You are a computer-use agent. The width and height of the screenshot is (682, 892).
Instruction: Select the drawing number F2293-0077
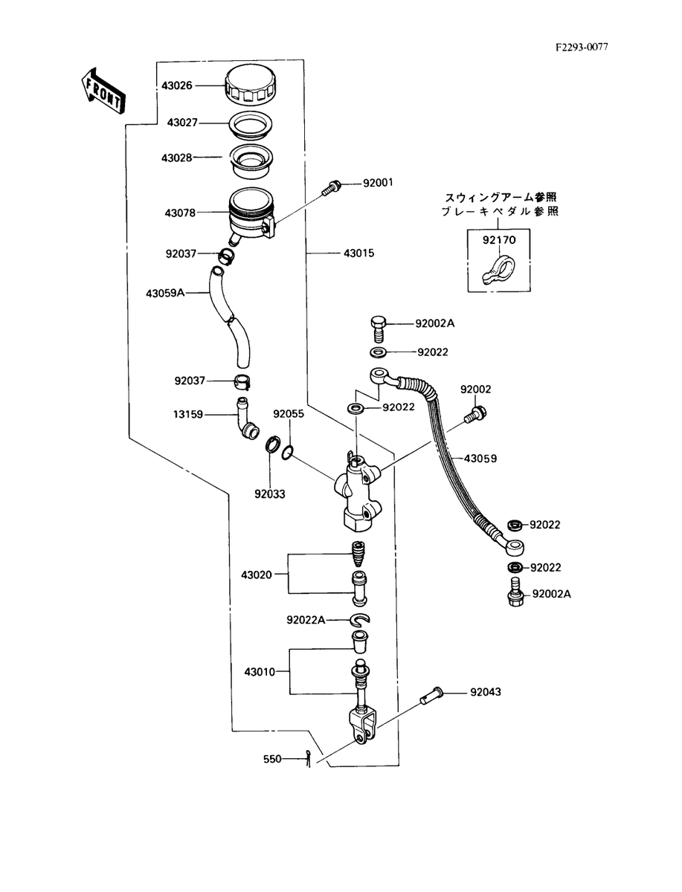582,48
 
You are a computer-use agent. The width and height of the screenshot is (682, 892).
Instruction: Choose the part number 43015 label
359,253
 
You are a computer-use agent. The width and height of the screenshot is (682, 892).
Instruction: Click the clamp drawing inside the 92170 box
499,268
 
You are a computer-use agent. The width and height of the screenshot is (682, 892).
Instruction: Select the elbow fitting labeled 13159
246,419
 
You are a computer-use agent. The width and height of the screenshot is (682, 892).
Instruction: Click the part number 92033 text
270,494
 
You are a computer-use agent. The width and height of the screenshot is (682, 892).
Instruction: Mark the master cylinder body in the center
358,490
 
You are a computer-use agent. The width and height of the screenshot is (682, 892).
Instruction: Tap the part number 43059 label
480,459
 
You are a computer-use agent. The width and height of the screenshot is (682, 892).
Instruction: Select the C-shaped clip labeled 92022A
360,618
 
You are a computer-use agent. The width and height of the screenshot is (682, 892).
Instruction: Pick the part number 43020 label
257,575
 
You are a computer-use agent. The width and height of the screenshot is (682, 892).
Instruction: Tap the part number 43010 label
260,672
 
